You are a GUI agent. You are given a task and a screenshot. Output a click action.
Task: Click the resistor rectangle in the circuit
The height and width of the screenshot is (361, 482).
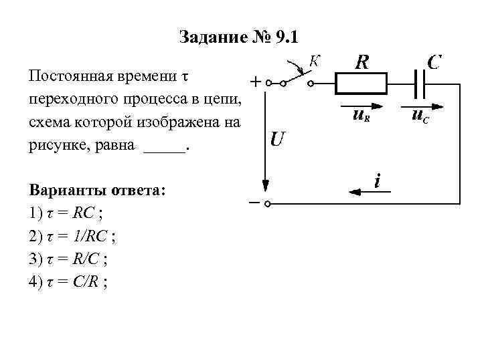361,84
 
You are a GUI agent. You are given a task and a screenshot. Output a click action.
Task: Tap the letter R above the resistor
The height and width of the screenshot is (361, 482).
361,63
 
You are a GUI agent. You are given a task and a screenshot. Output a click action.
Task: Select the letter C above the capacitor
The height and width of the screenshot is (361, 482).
433,62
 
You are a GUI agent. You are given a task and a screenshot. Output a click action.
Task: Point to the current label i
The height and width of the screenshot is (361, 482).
378,180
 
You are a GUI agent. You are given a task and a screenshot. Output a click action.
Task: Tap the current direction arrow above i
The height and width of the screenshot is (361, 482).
361,192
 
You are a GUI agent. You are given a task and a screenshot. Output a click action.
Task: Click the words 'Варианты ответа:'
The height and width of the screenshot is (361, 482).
97,191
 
